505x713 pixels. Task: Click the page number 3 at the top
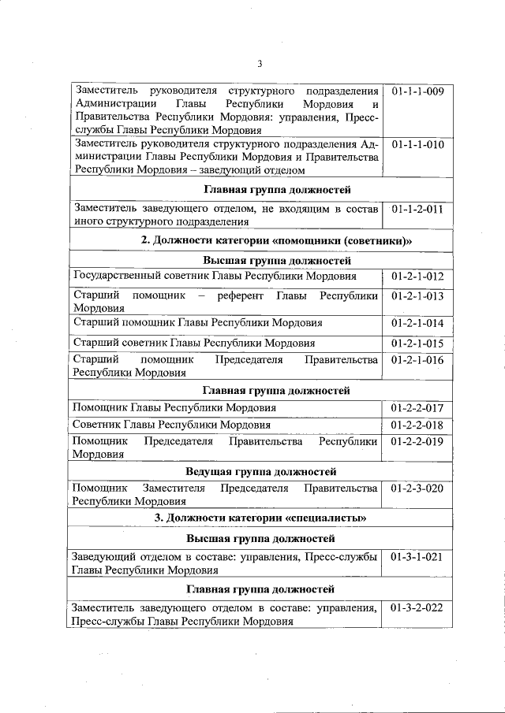coord(259,64)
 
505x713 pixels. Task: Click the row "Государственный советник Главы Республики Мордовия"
coord(214,277)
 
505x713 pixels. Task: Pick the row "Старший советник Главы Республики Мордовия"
coord(193,344)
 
